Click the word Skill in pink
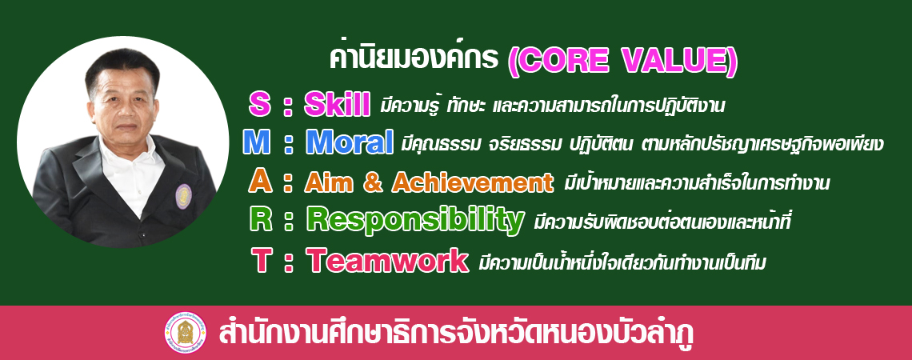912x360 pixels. click(337, 105)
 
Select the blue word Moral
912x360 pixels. click(350, 142)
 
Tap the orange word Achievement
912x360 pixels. click(473, 182)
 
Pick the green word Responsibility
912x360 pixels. click(415, 220)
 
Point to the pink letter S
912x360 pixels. click(259, 105)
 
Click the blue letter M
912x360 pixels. click(257, 142)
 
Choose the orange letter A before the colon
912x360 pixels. click(260, 182)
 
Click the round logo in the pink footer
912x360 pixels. click(185, 333)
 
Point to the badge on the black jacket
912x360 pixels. click(184, 196)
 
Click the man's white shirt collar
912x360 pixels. click(131, 157)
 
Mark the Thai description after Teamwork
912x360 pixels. click(622, 262)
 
